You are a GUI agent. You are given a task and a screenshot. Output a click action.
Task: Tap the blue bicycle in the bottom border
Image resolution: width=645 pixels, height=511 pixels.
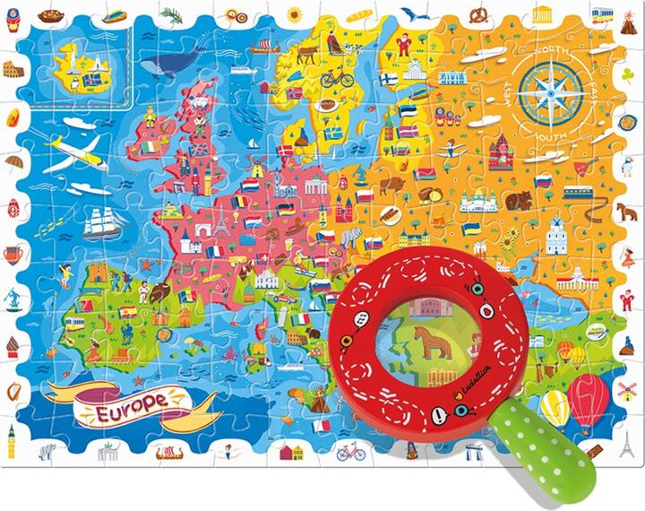tap(351, 450)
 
